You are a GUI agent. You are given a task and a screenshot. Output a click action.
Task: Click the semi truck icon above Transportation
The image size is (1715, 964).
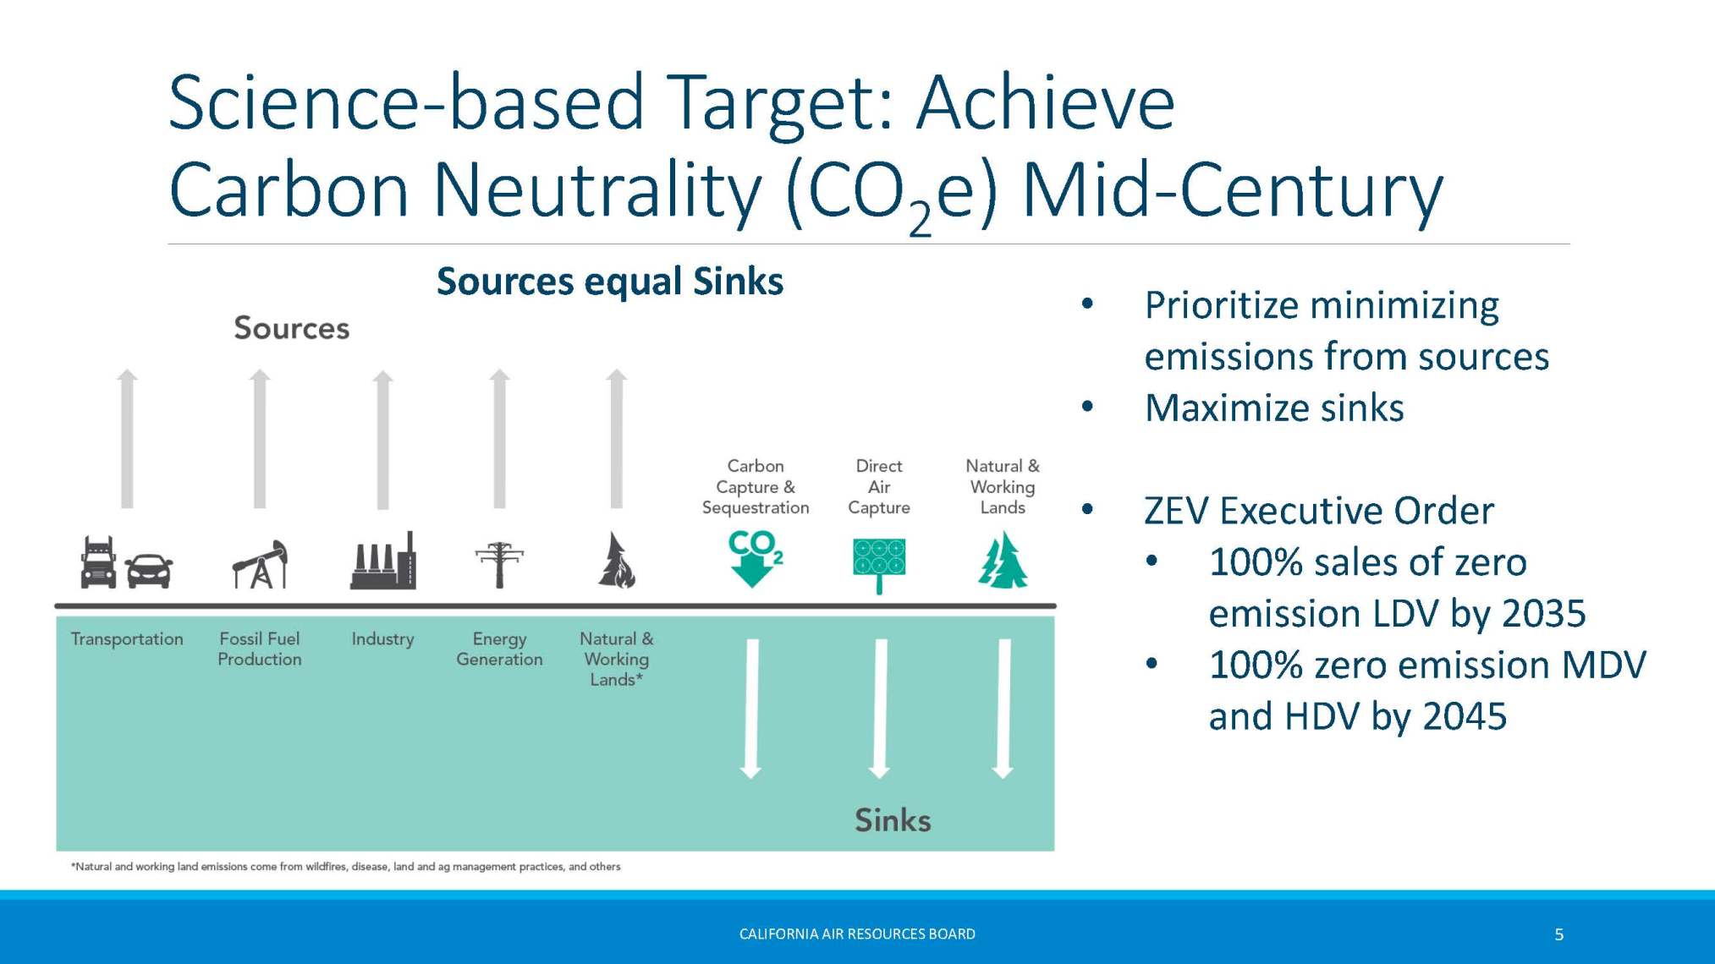(x=98, y=561)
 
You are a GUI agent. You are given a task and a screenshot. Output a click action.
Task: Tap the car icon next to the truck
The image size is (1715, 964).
(x=150, y=571)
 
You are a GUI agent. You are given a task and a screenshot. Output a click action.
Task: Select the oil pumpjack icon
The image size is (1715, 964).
(x=260, y=563)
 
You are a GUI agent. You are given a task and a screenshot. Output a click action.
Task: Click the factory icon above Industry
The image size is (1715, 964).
(x=383, y=561)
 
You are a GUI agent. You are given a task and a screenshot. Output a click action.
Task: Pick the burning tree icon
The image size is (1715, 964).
(x=617, y=560)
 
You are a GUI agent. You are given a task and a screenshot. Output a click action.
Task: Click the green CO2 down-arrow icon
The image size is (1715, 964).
(x=755, y=558)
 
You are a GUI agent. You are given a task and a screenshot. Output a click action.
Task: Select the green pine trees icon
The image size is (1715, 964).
(x=1003, y=560)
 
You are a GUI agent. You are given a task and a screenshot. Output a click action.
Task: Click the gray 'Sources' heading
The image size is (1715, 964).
(x=292, y=328)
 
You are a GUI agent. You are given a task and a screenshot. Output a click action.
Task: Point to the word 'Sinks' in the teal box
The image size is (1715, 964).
(x=893, y=820)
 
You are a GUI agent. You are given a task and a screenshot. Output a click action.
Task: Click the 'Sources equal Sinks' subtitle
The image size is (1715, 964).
(x=610, y=282)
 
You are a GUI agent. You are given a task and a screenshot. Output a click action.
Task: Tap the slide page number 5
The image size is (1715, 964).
(x=1559, y=934)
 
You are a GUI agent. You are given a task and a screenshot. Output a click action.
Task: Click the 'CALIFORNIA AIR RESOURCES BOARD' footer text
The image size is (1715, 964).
(x=857, y=934)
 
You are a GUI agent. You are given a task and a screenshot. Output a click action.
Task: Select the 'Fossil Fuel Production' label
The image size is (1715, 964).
(x=260, y=649)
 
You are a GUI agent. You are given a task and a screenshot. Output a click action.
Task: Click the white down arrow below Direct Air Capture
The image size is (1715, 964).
(x=880, y=709)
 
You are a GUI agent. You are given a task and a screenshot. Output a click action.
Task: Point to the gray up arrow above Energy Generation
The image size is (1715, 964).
(x=500, y=439)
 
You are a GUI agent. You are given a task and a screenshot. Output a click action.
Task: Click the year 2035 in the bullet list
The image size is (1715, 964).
(x=1543, y=614)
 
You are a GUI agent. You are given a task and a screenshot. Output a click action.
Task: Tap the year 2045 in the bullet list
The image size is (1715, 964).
(x=1465, y=716)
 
